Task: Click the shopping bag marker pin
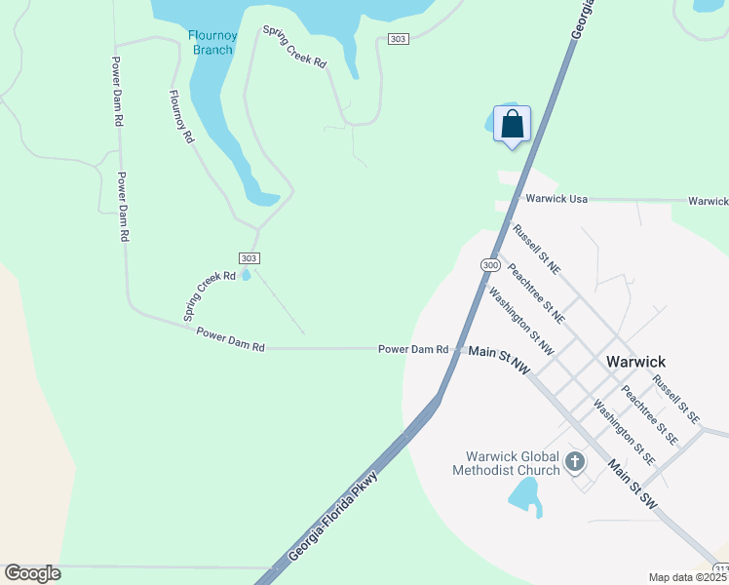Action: [513, 125]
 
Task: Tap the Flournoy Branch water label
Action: [211, 43]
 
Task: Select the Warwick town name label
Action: [635, 360]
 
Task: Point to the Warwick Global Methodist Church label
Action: [506, 463]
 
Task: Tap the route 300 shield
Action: [490, 265]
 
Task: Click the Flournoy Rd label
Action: [182, 117]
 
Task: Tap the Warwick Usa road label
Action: [556, 199]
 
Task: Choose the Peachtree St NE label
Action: [537, 292]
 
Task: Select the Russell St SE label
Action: [676, 400]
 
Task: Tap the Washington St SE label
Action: [624, 433]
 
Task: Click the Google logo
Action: [32, 573]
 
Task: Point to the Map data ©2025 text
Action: [688, 577]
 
